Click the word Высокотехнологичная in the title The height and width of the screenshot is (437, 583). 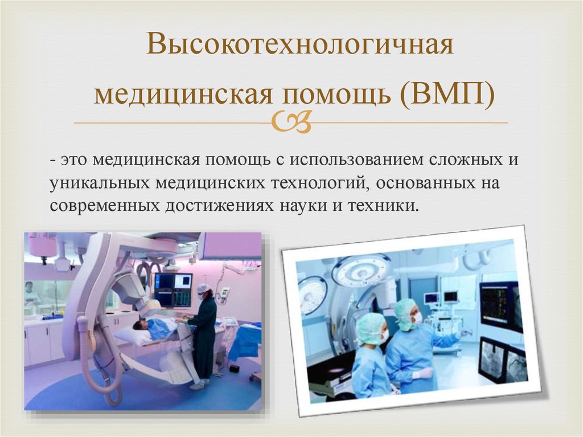[299, 44]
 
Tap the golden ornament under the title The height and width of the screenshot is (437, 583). [291, 122]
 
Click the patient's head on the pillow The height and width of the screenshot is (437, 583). [139, 325]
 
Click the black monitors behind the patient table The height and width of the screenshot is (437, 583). [173, 290]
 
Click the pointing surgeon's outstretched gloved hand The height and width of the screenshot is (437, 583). [466, 332]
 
